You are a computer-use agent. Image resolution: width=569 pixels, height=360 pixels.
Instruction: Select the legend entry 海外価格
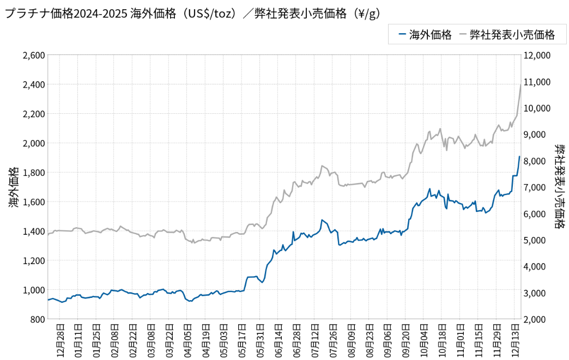[425, 35]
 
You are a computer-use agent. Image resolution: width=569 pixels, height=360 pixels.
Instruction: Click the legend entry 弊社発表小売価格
[507, 35]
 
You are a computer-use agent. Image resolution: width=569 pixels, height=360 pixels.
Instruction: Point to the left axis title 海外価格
[14, 187]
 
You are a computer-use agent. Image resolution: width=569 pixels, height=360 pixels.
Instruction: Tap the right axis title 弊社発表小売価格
[559, 187]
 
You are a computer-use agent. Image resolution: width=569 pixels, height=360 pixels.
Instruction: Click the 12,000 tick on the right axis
[537, 56]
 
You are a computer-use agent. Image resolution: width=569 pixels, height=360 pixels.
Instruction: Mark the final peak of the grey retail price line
[520, 85]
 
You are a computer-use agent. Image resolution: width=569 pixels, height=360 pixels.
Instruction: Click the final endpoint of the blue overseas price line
[519, 157]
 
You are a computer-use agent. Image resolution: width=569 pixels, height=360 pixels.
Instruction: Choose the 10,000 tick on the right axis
[537, 108]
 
